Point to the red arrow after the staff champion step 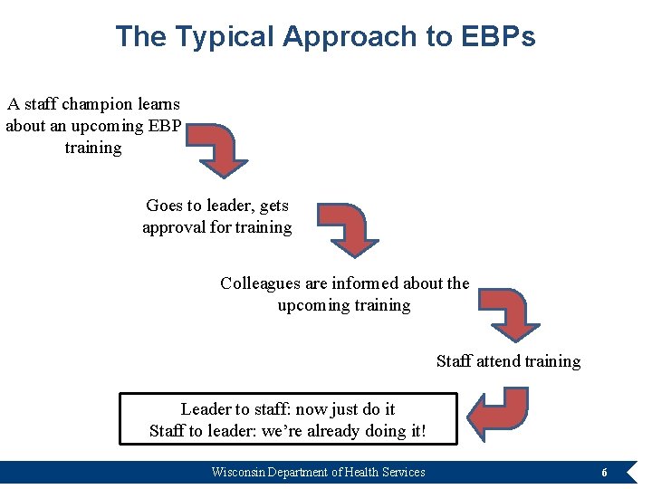(220, 149)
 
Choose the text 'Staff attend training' (508, 361)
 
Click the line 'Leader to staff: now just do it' (288, 409)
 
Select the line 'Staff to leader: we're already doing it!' (288, 431)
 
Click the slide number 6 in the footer (604, 473)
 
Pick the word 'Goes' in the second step (164, 206)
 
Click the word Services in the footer (405, 472)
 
